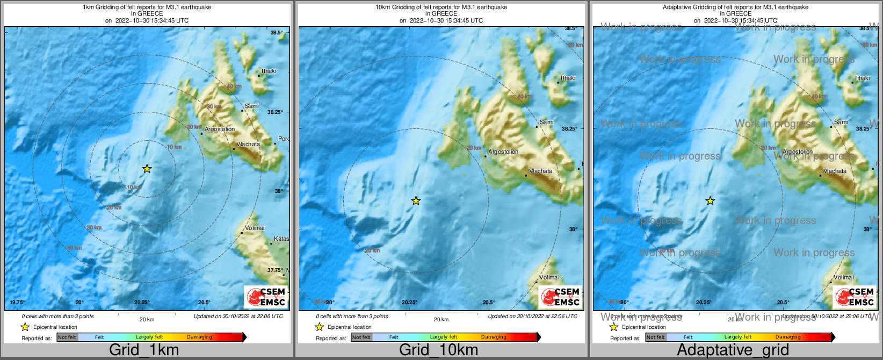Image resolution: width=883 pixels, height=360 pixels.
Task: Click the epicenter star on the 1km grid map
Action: [147, 169]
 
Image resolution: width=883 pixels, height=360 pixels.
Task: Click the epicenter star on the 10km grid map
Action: [416, 201]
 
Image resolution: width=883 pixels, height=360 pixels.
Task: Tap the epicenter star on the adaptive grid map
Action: [710, 201]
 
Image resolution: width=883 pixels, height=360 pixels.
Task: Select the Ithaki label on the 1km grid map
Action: [269, 71]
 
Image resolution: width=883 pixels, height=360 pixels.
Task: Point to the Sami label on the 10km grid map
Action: [546, 122]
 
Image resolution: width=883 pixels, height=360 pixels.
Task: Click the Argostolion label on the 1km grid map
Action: [220, 129]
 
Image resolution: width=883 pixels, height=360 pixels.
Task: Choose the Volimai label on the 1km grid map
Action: [255, 228]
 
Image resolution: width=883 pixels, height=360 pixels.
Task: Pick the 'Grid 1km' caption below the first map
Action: [144, 350]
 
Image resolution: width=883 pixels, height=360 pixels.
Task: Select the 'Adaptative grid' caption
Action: [733, 350]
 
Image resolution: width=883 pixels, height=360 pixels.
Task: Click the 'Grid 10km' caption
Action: [438, 350]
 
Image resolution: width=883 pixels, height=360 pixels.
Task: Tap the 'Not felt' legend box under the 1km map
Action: [67, 337]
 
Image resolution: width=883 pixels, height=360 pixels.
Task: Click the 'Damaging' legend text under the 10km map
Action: [494, 337]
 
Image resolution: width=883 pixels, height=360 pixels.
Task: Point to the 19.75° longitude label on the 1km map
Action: [18, 303]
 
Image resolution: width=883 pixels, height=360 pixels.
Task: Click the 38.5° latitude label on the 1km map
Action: [277, 33]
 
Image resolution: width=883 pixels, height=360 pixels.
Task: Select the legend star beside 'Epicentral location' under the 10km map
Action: [319, 327]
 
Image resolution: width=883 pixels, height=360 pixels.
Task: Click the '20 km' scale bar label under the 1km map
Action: [147, 319]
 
